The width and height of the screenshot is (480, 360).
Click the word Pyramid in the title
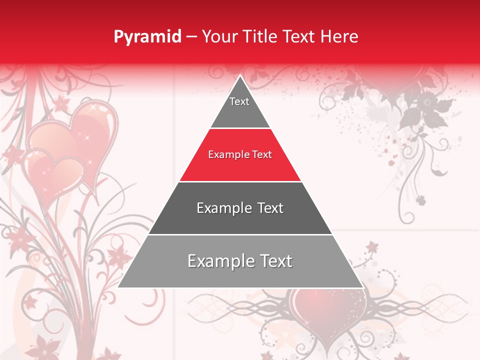147,37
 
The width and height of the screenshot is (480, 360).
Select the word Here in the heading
339,36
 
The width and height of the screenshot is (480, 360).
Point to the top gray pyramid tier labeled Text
239,107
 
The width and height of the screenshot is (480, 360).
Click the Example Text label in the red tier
240,154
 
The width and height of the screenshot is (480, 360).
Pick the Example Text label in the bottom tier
240,261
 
